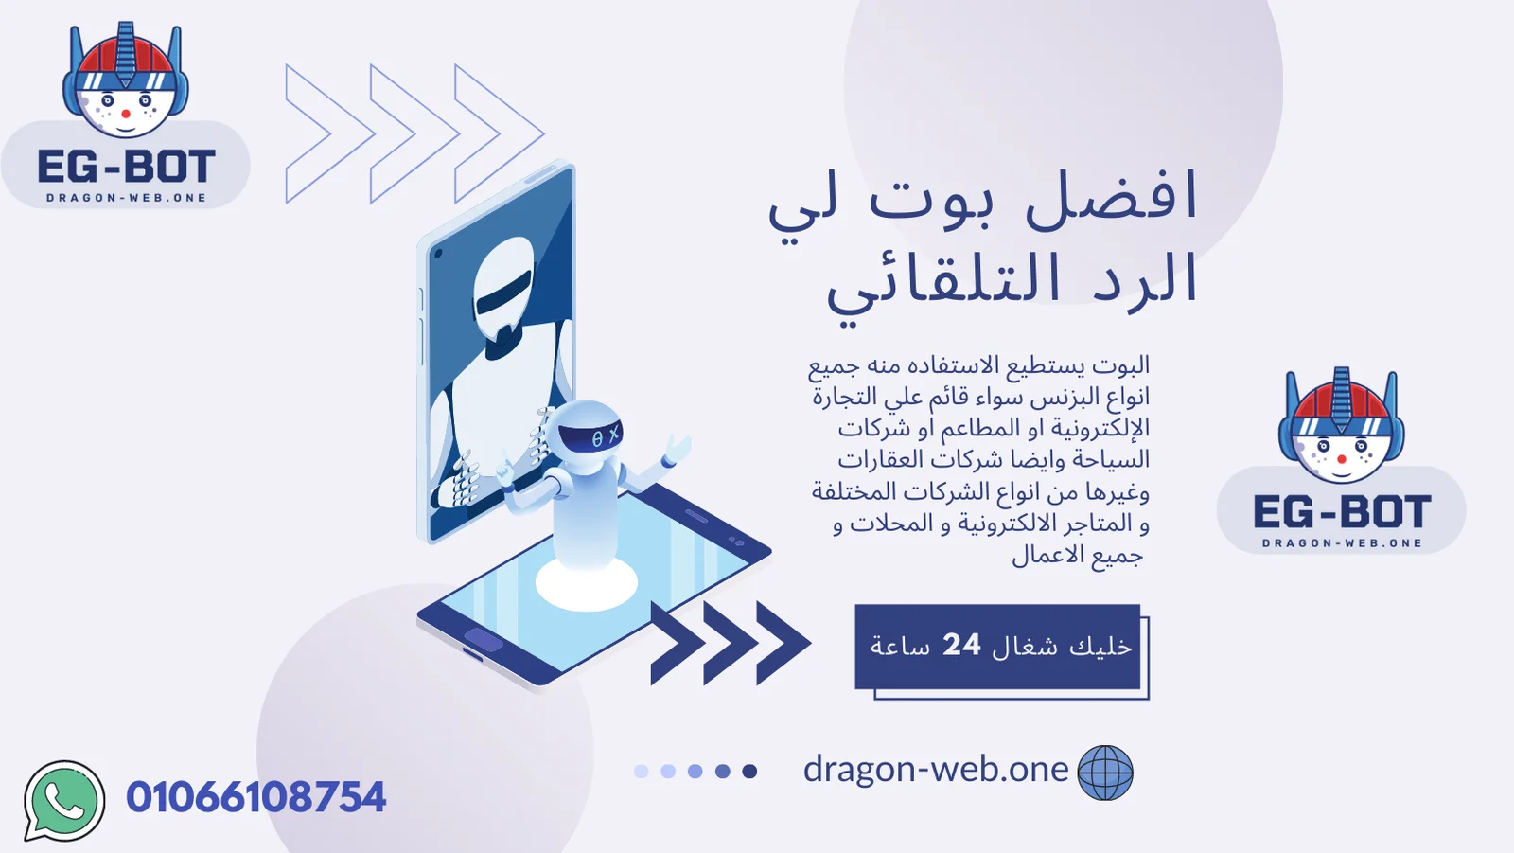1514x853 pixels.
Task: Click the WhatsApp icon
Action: click(64, 801)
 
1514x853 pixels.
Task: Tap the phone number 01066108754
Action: click(255, 797)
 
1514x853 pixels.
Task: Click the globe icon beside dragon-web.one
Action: click(1105, 773)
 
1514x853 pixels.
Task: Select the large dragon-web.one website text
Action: click(936, 769)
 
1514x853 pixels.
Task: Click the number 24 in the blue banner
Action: click(961, 645)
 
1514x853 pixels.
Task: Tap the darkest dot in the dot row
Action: click(749, 772)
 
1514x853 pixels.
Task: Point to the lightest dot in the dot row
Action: click(642, 772)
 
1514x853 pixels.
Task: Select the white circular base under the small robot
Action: click(586, 583)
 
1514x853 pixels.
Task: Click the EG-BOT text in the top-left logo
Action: click(127, 167)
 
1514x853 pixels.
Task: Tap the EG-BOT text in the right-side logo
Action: click(1342, 511)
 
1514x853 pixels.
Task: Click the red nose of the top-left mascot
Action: click(126, 114)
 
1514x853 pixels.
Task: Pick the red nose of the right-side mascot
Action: click(1342, 459)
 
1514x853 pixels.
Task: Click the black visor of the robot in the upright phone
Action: click(503, 293)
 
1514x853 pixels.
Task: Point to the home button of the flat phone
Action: click(484, 639)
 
